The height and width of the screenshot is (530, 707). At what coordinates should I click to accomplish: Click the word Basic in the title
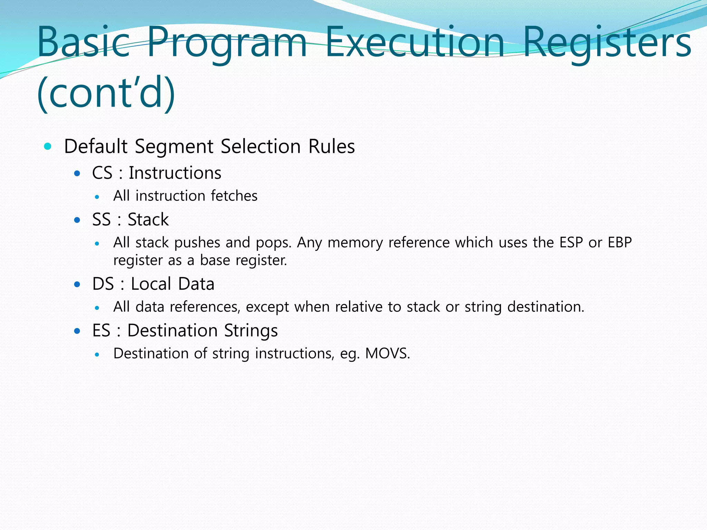tap(83, 42)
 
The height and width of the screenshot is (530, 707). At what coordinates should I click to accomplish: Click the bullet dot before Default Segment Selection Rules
tap(48, 146)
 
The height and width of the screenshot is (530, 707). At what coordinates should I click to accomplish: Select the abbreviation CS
tap(102, 173)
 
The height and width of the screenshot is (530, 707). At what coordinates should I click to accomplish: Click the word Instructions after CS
tap(175, 173)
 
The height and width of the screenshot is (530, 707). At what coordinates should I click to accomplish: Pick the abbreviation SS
tap(101, 220)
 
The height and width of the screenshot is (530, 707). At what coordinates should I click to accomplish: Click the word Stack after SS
tap(148, 220)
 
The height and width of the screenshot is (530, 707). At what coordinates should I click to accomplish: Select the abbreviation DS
tap(103, 284)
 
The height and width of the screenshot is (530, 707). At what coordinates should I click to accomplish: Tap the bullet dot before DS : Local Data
tap(77, 285)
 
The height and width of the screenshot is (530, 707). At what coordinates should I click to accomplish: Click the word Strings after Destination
tap(251, 331)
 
